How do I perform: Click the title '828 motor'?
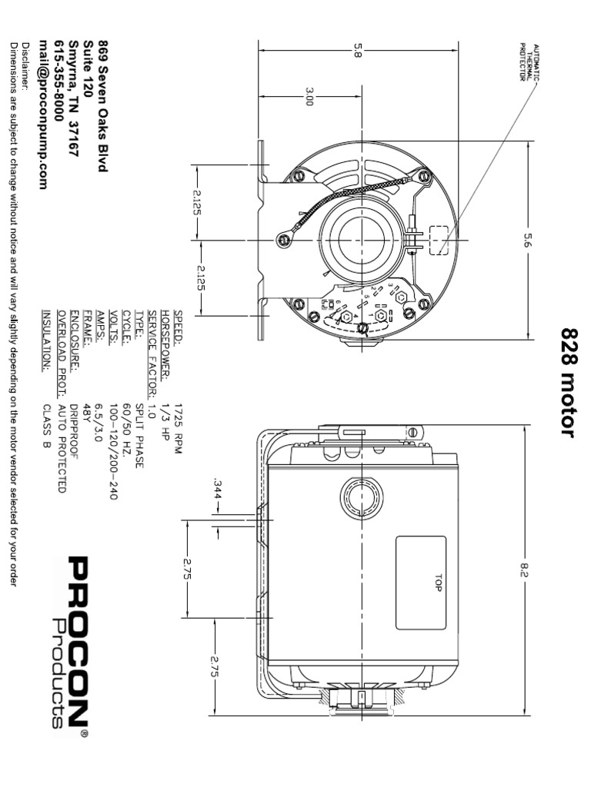coord(568,382)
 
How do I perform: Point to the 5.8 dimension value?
coord(357,50)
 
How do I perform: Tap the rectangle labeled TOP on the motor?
coord(421,582)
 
